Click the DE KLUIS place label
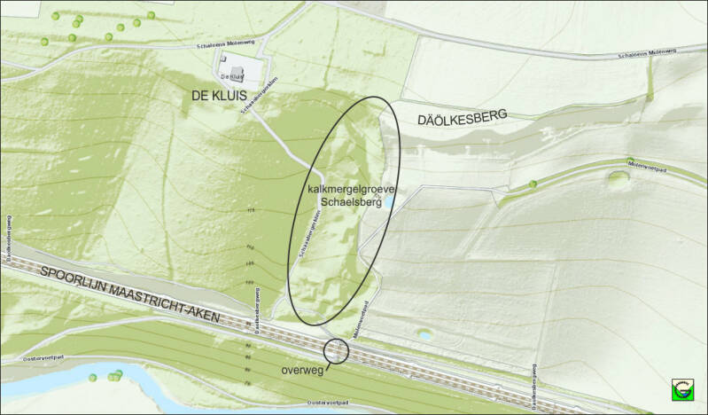[x=217, y=95]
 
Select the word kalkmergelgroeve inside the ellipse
[x=344, y=190]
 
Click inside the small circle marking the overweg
[x=337, y=351]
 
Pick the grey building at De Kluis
[x=236, y=72]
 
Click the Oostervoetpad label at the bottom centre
[x=326, y=402]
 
